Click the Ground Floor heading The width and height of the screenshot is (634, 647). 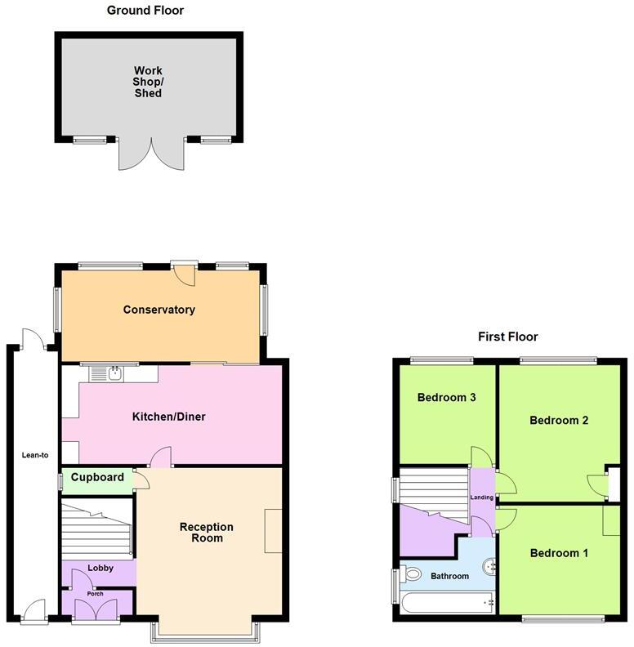click(145, 11)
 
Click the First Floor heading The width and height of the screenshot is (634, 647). click(507, 337)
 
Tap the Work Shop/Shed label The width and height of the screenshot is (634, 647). click(148, 82)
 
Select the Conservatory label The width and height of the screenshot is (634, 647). click(159, 310)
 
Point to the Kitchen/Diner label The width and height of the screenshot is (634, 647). click(169, 417)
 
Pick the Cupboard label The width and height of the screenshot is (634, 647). click(97, 478)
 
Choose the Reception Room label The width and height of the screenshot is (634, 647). click(207, 533)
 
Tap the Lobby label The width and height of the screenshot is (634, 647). click(100, 568)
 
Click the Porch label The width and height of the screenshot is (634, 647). click(96, 594)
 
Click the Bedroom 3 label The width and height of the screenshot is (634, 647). click(446, 398)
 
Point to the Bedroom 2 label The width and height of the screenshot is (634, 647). click(559, 421)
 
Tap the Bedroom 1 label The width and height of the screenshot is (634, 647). click(559, 553)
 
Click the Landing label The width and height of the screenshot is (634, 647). click(481, 498)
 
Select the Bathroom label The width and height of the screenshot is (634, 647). click(449, 576)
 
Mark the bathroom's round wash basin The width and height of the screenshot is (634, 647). click(489, 564)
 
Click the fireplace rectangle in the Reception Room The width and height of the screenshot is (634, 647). click(273, 532)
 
